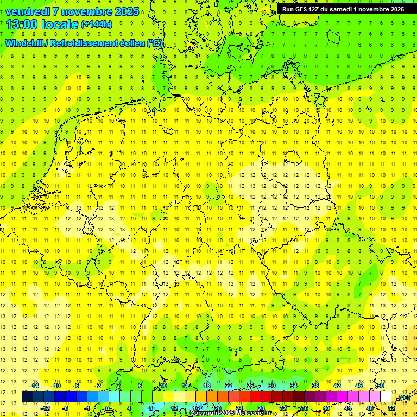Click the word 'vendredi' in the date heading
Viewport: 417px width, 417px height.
coord(27,12)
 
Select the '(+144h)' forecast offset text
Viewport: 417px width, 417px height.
coord(97,24)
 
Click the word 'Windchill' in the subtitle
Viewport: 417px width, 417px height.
coord(24,43)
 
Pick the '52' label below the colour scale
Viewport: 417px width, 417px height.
coord(391,408)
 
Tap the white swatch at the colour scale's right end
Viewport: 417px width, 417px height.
coord(386,397)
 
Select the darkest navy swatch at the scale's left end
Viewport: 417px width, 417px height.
coord(27,397)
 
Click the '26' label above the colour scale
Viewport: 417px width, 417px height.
coord(250,386)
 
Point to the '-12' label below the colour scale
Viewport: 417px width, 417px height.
coord(45,408)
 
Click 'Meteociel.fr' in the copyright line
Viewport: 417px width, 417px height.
coord(252,413)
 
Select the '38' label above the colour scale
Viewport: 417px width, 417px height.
coord(315,386)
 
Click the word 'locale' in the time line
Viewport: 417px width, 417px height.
coord(60,24)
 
